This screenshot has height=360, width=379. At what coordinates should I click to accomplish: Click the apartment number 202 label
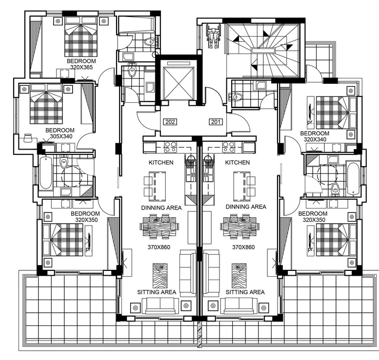[170, 122]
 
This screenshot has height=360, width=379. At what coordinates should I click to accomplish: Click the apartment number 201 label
[216, 122]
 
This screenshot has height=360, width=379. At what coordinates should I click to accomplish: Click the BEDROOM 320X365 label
[81, 64]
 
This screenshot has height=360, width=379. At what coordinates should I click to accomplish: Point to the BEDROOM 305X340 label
[60, 133]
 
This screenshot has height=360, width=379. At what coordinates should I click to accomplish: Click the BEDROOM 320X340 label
[315, 136]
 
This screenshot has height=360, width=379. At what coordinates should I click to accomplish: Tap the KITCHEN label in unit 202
[161, 163]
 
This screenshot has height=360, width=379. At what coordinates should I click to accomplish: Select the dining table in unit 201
[240, 227]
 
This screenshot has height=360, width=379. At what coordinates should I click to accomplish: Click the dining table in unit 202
[160, 227]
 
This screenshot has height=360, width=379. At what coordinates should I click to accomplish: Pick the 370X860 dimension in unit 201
[243, 247]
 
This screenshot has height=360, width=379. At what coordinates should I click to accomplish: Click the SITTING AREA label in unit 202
[157, 292]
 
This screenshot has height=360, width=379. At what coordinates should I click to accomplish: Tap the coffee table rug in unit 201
[239, 276]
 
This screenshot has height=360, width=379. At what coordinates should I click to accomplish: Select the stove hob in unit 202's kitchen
[170, 147]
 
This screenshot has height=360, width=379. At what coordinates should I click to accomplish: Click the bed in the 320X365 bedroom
[81, 36]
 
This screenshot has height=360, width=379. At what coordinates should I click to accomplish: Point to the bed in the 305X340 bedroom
[46, 104]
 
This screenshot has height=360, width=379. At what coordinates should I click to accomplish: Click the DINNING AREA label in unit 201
[246, 207]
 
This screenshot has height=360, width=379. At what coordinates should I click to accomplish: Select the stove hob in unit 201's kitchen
[229, 147]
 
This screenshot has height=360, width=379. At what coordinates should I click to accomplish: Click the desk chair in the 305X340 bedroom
[28, 138]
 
